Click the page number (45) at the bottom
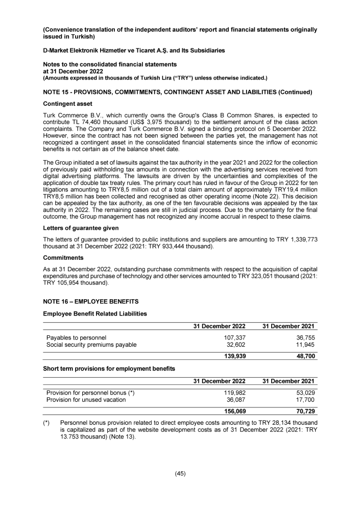(180, 473)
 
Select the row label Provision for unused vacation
(86, 400)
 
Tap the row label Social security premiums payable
(91, 345)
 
